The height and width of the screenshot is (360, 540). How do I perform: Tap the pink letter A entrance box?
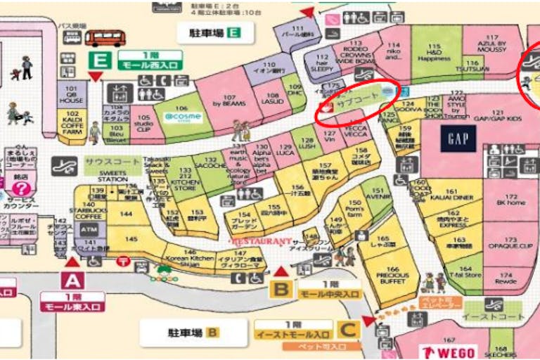72,281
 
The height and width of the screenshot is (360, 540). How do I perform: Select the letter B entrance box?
281,288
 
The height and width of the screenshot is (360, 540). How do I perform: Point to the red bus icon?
103,38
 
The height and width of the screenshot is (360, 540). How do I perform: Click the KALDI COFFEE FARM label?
71,128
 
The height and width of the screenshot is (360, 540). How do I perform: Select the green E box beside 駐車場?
234,32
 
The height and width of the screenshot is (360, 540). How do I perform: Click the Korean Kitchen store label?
189,258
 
